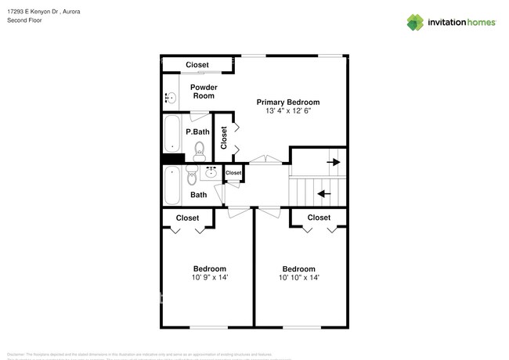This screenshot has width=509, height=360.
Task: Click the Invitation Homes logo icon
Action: click(414, 22)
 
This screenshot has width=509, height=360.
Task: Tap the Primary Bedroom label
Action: click(289, 103)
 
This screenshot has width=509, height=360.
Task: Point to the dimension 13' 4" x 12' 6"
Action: click(289, 111)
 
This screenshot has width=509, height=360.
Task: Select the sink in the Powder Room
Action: click(171, 98)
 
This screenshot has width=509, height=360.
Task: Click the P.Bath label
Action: click(197, 131)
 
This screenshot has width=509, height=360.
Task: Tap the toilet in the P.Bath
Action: click(200, 149)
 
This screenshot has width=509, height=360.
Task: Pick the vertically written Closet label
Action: click(224, 138)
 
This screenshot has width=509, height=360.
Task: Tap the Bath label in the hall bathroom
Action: click(199, 195)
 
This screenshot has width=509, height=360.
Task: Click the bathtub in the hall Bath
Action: click(172, 185)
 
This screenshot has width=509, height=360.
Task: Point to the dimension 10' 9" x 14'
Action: click(210, 277)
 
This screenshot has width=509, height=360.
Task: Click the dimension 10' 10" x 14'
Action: click(298, 277)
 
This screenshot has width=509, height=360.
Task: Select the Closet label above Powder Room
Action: click(197, 65)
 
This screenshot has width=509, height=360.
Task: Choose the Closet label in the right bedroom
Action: click(319, 218)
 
